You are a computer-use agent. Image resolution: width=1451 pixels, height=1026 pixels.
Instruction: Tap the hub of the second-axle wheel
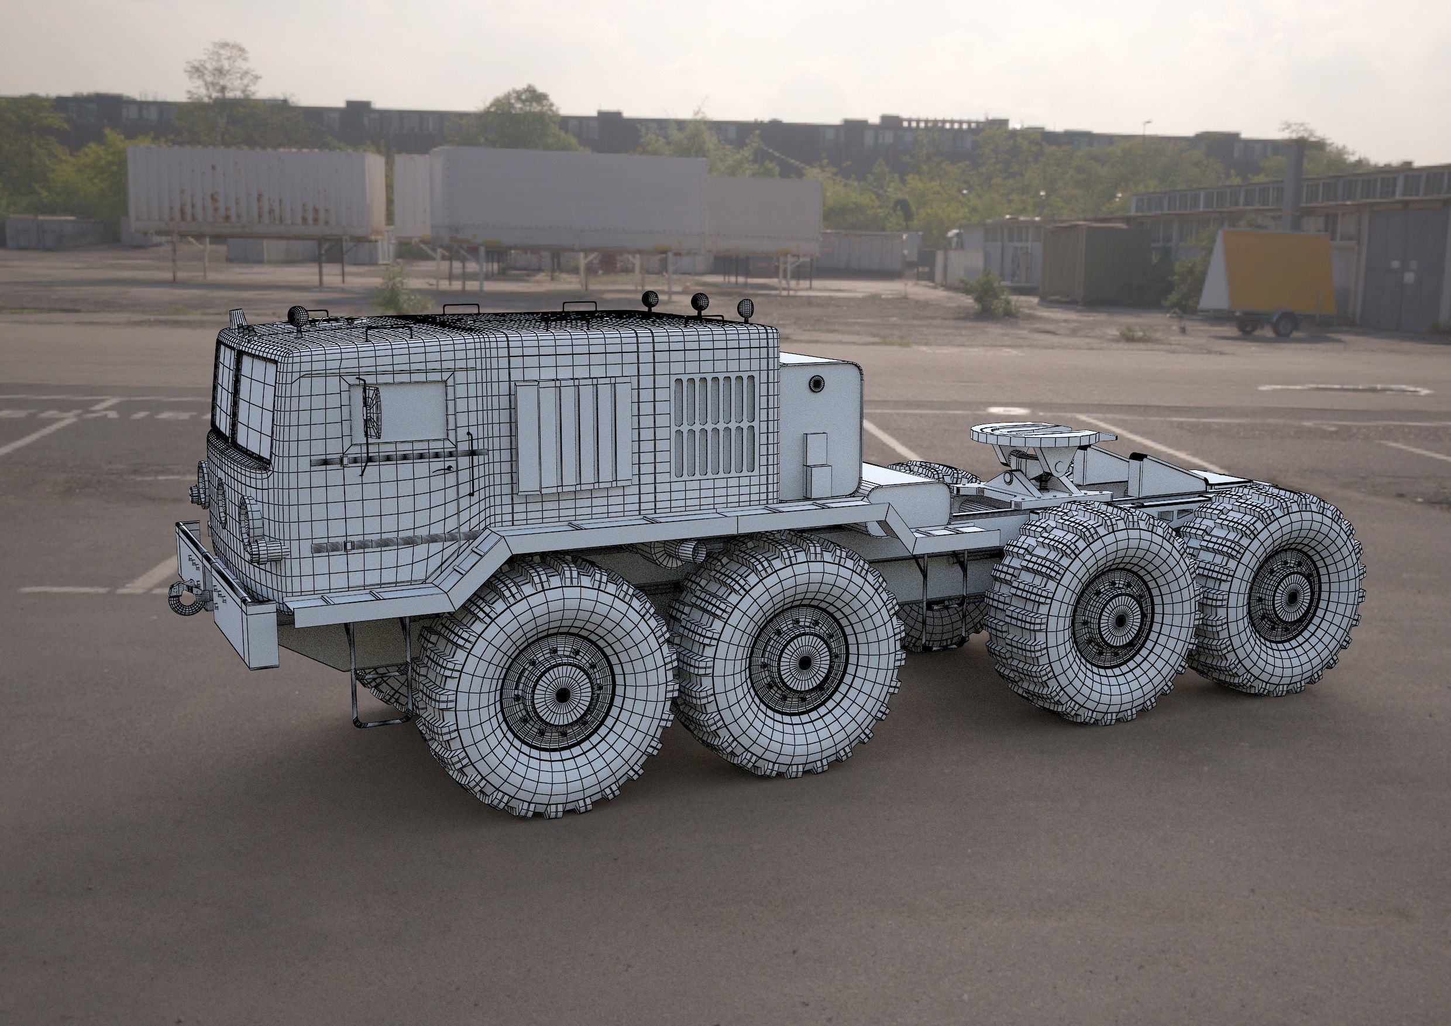pyautogui.click(x=804, y=662)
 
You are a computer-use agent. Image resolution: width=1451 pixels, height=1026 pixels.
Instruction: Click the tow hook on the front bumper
pyautogui.click(x=185, y=597)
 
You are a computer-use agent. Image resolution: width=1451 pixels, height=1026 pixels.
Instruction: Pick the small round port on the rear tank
pyautogui.click(x=817, y=383)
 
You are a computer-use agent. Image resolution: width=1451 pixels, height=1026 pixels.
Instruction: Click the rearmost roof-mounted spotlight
pyautogui.click(x=746, y=308)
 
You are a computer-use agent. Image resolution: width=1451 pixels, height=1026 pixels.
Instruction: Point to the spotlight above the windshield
pyautogui.click(x=297, y=315)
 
